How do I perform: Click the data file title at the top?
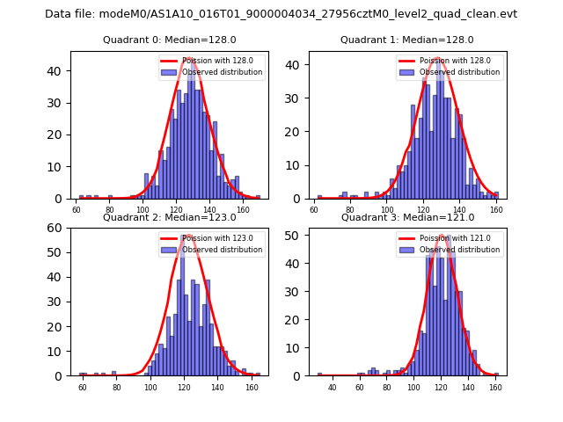(281, 14)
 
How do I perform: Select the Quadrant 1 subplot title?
(407, 40)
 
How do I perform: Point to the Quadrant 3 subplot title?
(407, 217)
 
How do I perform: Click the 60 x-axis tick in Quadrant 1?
(315, 210)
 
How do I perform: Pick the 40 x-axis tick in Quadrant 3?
(333, 388)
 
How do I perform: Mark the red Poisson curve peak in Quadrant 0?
(188, 59)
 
